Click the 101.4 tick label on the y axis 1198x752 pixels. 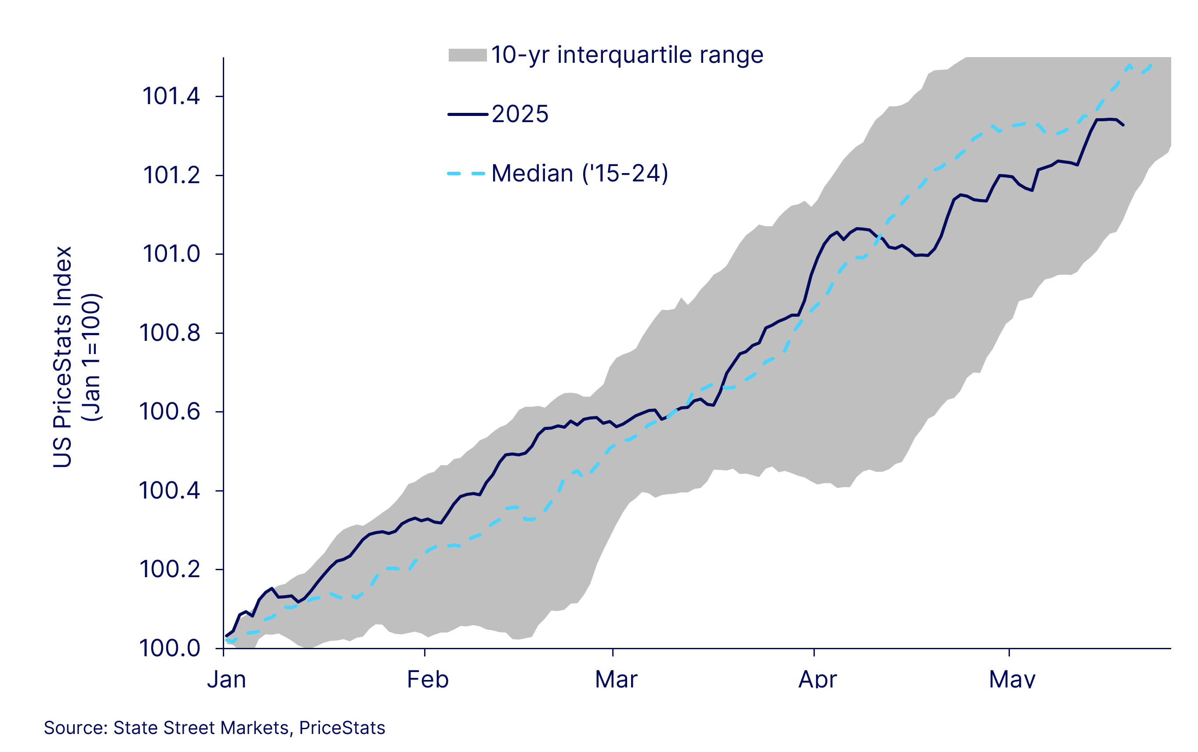click(x=171, y=96)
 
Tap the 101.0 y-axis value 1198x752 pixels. click(x=171, y=254)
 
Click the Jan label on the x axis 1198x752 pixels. click(x=226, y=680)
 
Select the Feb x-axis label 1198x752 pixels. click(x=428, y=680)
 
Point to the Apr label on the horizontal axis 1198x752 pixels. click(x=817, y=680)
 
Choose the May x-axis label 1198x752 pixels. click(x=1012, y=680)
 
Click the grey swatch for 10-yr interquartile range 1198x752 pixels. click(x=467, y=55)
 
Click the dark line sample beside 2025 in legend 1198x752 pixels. click(x=467, y=114)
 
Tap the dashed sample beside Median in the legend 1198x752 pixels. click(x=466, y=174)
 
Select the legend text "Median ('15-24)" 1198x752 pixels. click(x=580, y=174)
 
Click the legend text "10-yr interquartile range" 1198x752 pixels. click(x=627, y=55)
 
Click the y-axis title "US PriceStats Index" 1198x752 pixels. click(x=63, y=357)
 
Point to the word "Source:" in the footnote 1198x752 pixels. click(x=76, y=728)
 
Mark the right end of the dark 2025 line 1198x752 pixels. click(x=1123, y=125)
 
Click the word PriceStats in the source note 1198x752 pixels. click(x=342, y=728)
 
